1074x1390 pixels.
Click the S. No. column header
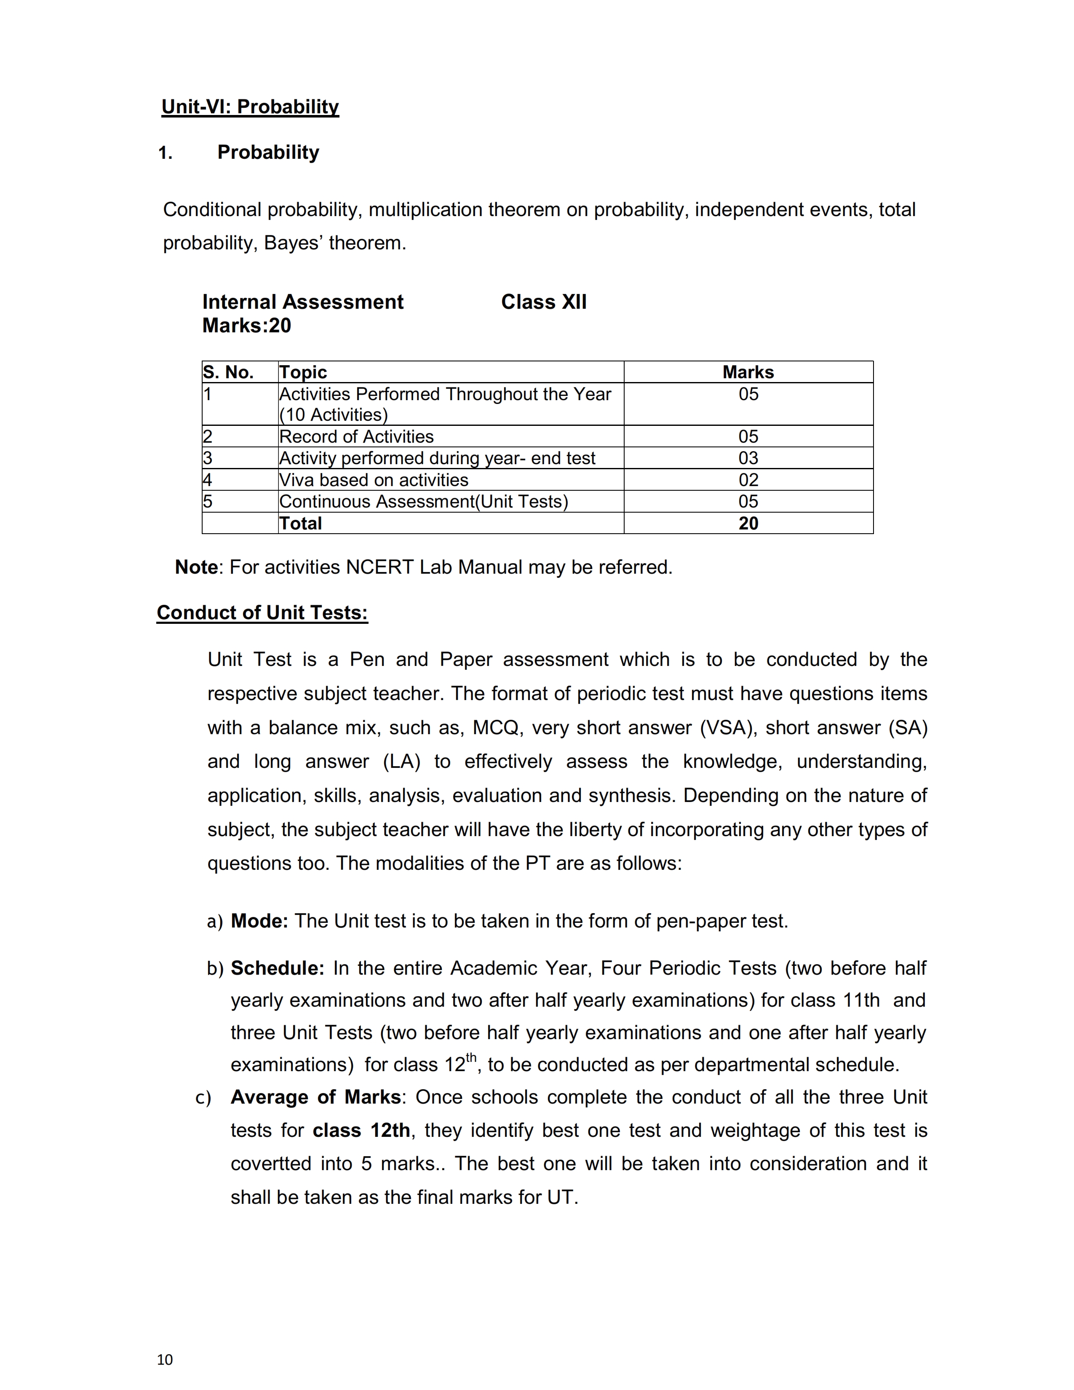pos(228,372)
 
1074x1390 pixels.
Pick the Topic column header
pos(303,372)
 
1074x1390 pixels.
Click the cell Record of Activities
pos(356,437)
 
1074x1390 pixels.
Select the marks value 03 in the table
pos(748,458)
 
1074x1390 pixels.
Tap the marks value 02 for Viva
pos(748,480)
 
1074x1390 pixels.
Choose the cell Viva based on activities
pos(374,480)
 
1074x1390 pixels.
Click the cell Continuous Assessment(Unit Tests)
pos(423,502)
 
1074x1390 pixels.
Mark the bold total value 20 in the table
pos(748,523)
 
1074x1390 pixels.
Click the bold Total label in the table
pos(300,523)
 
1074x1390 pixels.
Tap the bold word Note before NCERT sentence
pos(196,567)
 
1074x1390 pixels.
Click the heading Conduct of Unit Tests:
pos(262,612)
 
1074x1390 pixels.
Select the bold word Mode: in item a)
pos(259,921)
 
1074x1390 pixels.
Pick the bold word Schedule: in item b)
pos(278,968)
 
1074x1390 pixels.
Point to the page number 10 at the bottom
pos(165,1359)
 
